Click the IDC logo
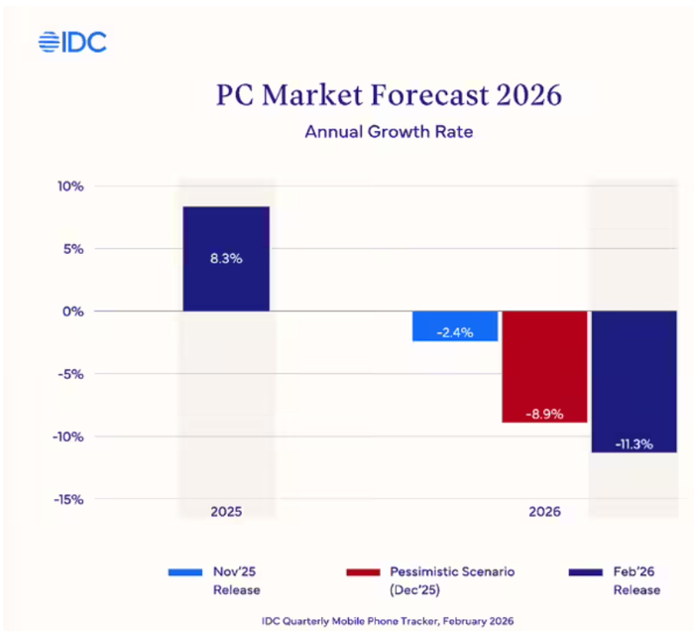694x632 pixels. [x=71, y=42]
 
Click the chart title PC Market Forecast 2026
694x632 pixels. [x=389, y=95]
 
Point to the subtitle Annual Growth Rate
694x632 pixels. [x=388, y=131]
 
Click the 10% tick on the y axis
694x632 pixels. [x=69, y=187]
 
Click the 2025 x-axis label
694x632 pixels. [x=226, y=512]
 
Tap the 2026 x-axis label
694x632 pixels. [x=543, y=512]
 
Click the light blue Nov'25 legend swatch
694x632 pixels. [x=186, y=572]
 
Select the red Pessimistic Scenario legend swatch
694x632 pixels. [x=365, y=572]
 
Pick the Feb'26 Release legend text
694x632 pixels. [x=636, y=580]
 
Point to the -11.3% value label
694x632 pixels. [x=635, y=443]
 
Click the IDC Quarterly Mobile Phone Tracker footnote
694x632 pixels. [x=389, y=619]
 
